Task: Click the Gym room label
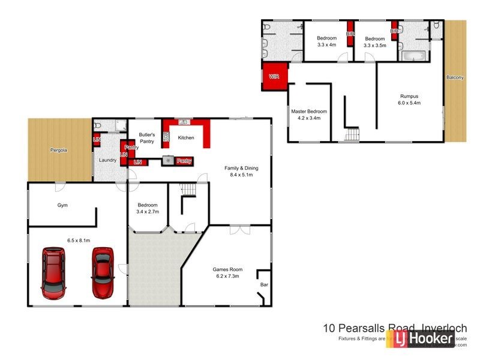(62, 205)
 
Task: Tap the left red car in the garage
(53, 273)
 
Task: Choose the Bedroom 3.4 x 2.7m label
(147, 208)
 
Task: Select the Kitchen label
(187, 138)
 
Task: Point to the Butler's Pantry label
(147, 138)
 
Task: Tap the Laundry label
(107, 160)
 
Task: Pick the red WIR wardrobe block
(275, 77)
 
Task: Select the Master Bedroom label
(309, 115)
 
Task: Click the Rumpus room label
(409, 99)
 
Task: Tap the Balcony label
(455, 77)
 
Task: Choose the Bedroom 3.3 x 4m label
(327, 41)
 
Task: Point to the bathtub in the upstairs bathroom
(413, 56)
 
